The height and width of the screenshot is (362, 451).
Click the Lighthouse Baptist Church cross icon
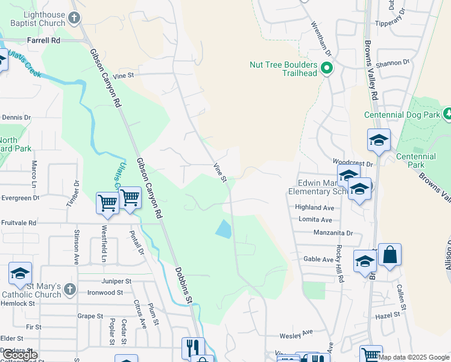(x=74, y=17)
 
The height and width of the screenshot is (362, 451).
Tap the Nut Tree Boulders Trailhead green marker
(x=327, y=68)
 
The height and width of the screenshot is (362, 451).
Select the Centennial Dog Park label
(x=402, y=115)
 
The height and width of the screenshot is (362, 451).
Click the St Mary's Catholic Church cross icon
(x=71, y=288)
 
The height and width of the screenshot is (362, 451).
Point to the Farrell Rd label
(x=44, y=40)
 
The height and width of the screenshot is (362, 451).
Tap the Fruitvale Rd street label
(x=19, y=223)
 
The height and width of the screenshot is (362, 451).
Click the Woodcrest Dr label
(x=353, y=163)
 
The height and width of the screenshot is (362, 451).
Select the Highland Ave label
(x=314, y=207)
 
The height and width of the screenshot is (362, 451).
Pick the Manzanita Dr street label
(x=333, y=232)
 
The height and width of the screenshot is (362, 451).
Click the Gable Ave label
(x=319, y=259)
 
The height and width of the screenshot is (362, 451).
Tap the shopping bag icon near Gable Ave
(x=389, y=255)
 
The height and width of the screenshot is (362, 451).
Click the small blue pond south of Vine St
(x=223, y=229)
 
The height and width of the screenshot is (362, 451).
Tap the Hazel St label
(x=388, y=315)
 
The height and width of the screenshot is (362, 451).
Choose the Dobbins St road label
(x=184, y=285)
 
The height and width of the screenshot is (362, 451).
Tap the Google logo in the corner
(x=20, y=355)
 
